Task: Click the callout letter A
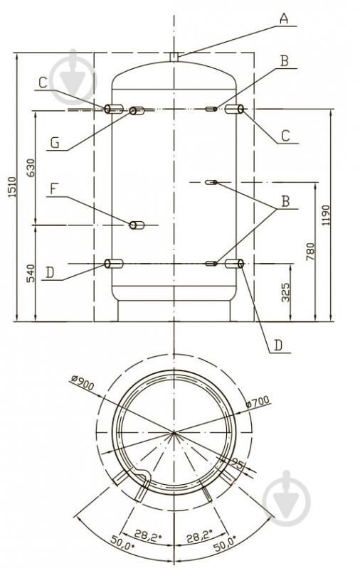[285, 18]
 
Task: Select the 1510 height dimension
[12, 187]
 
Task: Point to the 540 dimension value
[31, 274]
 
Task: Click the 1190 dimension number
[326, 215]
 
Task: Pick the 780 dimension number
[310, 252]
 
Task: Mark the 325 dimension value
[286, 292]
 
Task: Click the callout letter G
[55, 143]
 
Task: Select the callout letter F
[53, 189]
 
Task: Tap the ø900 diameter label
[83, 382]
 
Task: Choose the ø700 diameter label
[258, 402]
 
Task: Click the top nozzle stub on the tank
[174, 57]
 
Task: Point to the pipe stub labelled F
[137, 225]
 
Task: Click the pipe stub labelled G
[137, 111]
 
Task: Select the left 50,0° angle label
[122, 545]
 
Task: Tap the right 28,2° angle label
[199, 535]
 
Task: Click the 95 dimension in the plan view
[238, 463]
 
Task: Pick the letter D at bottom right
[277, 345]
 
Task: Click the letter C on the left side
[43, 82]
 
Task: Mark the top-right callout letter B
[285, 61]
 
